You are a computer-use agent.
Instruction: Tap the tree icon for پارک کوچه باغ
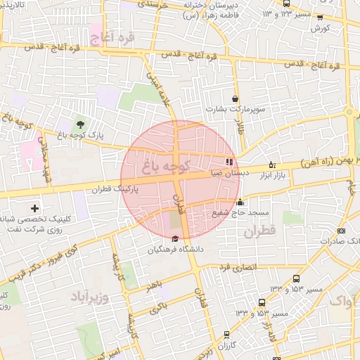(x=79, y=124)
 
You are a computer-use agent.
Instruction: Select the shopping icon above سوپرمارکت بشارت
(x=234, y=99)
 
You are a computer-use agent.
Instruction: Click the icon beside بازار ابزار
(x=273, y=165)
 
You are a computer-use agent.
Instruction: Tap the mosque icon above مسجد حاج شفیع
(x=240, y=202)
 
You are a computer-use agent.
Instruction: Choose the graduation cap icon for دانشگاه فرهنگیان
(x=175, y=239)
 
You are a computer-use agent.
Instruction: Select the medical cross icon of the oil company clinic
(x=35, y=208)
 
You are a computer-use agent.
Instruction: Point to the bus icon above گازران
(x=226, y=335)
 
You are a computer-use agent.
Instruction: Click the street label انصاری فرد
(x=238, y=267)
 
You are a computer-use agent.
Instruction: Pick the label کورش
(x=320, y=27)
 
